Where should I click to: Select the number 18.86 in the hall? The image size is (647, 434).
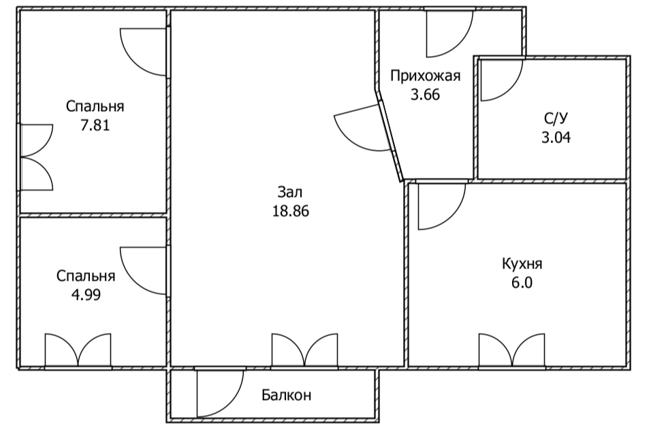point(290,211)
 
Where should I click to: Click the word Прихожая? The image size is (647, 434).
point(426,76)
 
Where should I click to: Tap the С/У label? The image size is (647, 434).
point(555,118)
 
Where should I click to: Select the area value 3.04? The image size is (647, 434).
point(555,136)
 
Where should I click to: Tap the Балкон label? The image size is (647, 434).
point(286,395)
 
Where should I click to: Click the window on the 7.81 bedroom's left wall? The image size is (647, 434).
point(35,157)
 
